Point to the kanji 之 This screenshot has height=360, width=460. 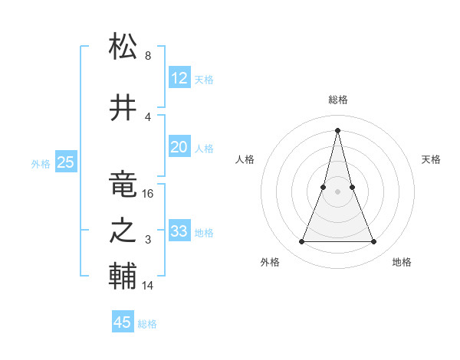(123, 231)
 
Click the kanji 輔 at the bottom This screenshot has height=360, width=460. (123, 277)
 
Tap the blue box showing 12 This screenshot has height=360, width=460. (179, 78)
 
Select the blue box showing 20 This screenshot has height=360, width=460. (179, 148)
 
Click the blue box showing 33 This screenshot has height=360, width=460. (179, 231)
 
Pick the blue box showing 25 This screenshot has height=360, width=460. (65, 162)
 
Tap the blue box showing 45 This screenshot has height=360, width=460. (123, 322)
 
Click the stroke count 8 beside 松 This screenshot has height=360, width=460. (147, 56)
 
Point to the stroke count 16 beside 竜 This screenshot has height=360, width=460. (148, 194)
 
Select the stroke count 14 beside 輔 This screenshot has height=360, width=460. (148, 286)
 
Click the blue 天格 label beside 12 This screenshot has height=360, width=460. (204, 79)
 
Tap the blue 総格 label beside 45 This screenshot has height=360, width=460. (147, 324)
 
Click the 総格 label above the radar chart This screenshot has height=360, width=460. (337, 100)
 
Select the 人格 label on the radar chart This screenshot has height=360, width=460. (245, 159)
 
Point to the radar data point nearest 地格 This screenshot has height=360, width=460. (374, 242)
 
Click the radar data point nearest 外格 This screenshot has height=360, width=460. (301, 242)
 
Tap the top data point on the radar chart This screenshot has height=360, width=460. (337, 130)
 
